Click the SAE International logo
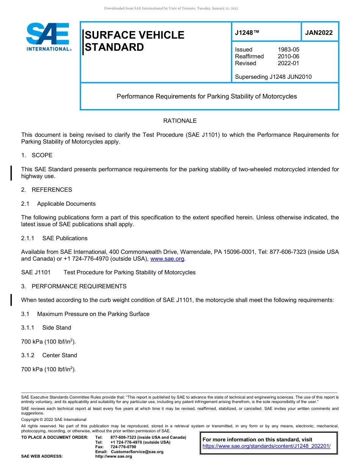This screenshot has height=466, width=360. tap(48, 37)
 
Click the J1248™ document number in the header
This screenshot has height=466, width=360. tap(247, 33)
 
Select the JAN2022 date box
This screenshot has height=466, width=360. tap(319, 33)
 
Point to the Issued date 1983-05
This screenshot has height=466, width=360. tap(288, 50)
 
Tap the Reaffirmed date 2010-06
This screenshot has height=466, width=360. tap(288, 56)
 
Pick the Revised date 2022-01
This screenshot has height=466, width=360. tap(288, 63)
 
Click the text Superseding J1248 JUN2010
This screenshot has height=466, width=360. tap(273, 77)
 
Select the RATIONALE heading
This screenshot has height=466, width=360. tap(180, 121)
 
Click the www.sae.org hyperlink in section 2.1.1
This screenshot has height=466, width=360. tap(167, 259)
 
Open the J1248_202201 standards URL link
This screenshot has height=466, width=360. tap(266, 446)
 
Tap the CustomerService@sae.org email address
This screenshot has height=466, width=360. tap(137, 452)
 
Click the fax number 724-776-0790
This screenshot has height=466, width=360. tap(123, 447)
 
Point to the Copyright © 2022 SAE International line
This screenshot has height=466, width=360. tap(54, 419)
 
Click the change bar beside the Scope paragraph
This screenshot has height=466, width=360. tap(11, 173)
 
